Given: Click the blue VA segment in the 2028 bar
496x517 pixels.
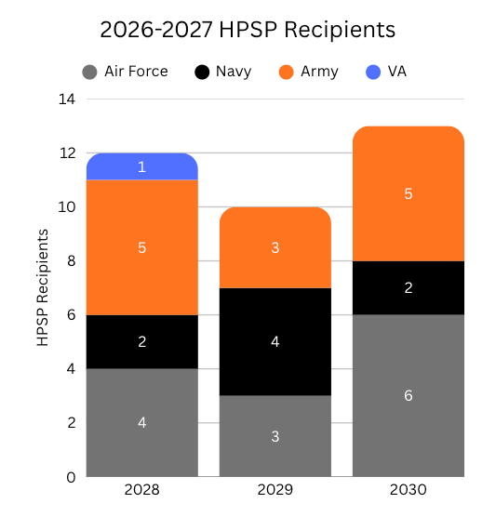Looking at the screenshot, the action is coord(142,166).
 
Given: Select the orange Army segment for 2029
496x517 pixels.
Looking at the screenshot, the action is coord(275,247).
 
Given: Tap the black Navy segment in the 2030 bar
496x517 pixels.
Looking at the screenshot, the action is coord(409,288).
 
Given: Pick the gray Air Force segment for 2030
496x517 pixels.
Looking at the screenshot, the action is coord(409,396).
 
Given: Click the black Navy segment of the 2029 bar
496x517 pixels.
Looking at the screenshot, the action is coord(275,342).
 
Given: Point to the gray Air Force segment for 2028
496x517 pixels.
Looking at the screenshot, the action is coord(142,423).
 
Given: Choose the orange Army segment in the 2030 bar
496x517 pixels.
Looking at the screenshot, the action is coord(409,193).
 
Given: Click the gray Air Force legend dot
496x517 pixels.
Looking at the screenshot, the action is coord(89,72).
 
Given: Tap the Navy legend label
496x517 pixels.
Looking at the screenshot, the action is coord(234,72).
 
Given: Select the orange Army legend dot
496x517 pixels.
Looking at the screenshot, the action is coord(286,72).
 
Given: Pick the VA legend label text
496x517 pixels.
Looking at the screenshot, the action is coord(397,72).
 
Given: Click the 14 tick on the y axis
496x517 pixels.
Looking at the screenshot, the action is coord(67,99).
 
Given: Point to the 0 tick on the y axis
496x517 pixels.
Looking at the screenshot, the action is coord(71,477).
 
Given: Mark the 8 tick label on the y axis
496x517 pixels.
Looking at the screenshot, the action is coord(72,261).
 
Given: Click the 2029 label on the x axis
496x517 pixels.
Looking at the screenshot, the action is coord(275,490).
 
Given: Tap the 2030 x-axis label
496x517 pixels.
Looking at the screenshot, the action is coord(409,490).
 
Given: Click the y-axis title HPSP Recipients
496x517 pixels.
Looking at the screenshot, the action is coord(43,287).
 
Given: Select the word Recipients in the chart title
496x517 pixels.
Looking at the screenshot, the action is coord(340,31).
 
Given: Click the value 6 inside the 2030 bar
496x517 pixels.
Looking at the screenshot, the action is coord(409,396).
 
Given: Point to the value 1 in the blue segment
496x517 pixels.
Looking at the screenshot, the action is coord(141,166).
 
